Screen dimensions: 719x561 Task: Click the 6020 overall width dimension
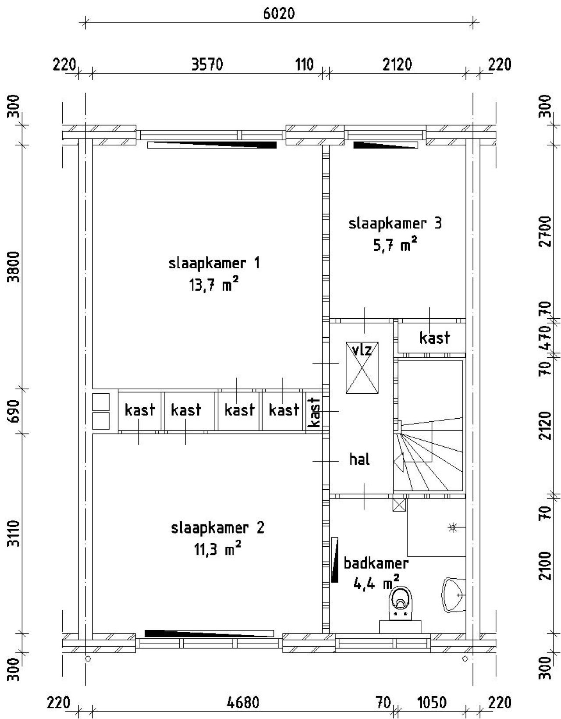click(279, 14)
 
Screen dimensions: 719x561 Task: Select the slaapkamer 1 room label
click(214, 263)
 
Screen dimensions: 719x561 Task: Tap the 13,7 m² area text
click(213, 285)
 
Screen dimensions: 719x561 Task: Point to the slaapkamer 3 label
click(395, 224)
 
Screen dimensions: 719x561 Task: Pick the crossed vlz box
click(362, 367)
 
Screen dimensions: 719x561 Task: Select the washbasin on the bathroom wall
click(452, 595)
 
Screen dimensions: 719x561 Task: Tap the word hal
click(359, 459)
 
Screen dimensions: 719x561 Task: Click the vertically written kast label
click(314, 412)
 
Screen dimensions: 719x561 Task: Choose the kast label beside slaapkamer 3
click(434, 338)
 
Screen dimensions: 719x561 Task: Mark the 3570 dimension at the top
click(207, 65)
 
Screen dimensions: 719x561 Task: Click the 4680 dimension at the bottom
click(243, 703)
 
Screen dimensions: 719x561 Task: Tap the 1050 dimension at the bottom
click(432, 703)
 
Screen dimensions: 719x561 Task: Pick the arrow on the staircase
click(399, 462)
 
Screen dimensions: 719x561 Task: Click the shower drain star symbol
click(452, 527)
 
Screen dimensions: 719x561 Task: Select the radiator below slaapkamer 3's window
click(385, 145)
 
